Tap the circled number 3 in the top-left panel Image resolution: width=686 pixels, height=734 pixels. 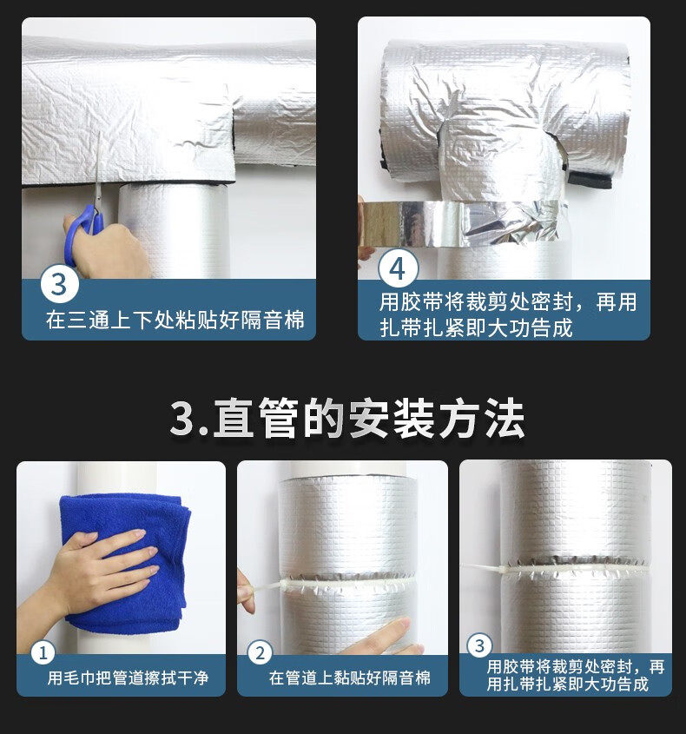tap(59, 284)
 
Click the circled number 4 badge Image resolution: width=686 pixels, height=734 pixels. tap(398, 268)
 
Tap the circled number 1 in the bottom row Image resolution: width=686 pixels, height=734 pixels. tap(43, 652)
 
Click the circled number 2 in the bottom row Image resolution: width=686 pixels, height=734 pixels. tap(260, 652)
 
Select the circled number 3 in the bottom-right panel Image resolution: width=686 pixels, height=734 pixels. tap(479, 645)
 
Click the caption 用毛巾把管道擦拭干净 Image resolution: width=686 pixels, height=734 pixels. tap(128, 678)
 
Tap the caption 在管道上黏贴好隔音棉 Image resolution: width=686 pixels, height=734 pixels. tap(350, 678)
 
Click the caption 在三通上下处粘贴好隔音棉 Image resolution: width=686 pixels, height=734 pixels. tap(175, 320)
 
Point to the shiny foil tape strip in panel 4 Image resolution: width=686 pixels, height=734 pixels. tap(463, 223)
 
